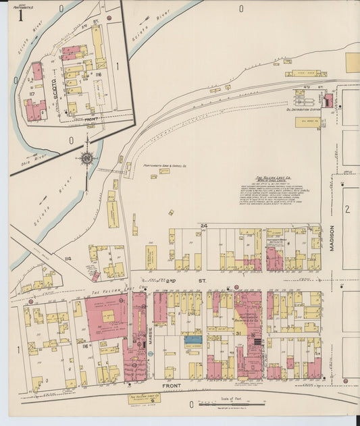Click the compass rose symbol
tap(86, 159)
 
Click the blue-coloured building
tap(193, 340)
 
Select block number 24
tap(203, 225)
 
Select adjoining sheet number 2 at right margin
tap(347, 209)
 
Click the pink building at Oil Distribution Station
tap(329, 101)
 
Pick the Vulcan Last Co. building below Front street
tap(144, 398)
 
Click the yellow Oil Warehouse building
tap(307, 122)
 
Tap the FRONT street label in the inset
tap(91, 119)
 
